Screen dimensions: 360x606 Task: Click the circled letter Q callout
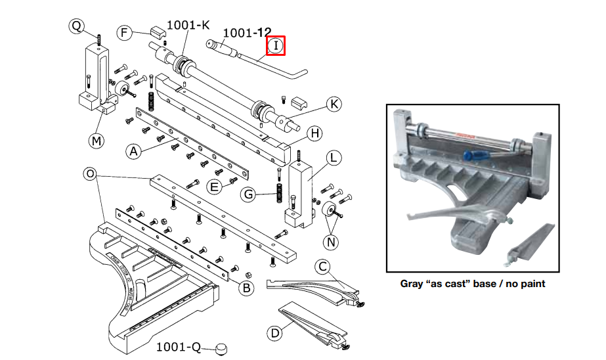click(x=77, y=26)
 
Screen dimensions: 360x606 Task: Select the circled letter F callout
click(x=125, y=33)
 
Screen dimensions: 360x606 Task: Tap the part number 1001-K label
click(x=188, y=25)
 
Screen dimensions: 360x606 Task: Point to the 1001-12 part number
click(x=248, y=32)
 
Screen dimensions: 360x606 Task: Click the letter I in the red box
click(x=275, y=46)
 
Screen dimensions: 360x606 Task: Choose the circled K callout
click(x=334, y=104)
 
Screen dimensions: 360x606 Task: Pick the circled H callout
click(x=314, y=133)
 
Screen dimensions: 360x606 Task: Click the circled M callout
click(x=97, y=140)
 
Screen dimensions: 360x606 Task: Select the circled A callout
click(x=133, y=152)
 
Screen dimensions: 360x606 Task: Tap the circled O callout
click(x=90, y=174)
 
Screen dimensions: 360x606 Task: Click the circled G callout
click(x=248, y=194)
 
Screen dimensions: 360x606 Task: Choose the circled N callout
click(x=331, y=242)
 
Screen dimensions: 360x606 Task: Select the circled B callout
click(x=245, y=287)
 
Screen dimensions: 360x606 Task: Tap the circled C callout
click(x=322, y=266)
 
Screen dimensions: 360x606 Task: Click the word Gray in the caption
click(x=414, y=284)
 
